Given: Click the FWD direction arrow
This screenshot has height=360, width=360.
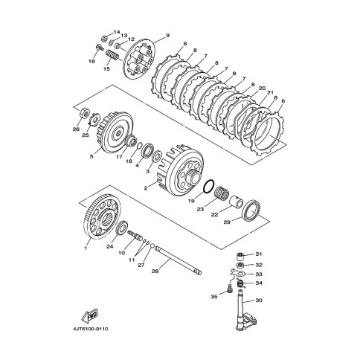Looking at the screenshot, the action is point(90,315).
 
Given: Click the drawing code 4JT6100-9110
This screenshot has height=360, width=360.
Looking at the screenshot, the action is point(91,329).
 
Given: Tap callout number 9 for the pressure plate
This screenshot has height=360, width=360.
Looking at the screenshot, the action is point(167,36).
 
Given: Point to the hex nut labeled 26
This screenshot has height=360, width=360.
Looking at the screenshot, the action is point(84,113).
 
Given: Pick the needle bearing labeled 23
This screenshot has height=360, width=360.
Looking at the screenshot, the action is point(222,193).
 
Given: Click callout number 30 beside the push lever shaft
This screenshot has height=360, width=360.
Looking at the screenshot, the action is point(259,300).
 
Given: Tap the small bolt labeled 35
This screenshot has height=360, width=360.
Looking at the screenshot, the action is point(230,289).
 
